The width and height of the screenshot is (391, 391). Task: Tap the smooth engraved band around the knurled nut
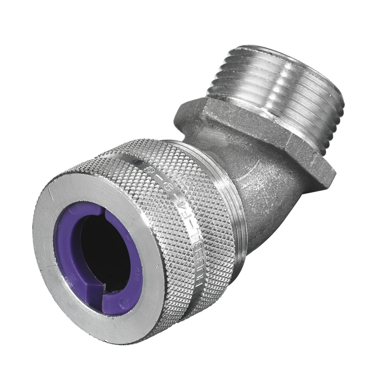click(172, 188)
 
